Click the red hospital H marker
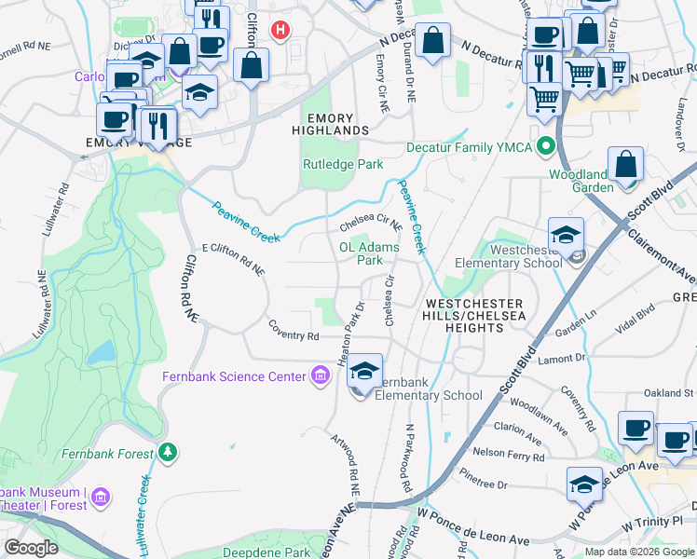(x=279, y=31)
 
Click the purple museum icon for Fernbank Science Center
(x=320, y=376)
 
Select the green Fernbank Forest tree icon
(x=168, y=454)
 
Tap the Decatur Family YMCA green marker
(x=546, y=147)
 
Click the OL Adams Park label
(x=369, y=253)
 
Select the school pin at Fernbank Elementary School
(x=365, y=372)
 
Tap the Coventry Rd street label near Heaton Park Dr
(x=294, y=335)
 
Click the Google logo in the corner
(x=31, y=548)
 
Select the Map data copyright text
(x=639, y=552)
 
